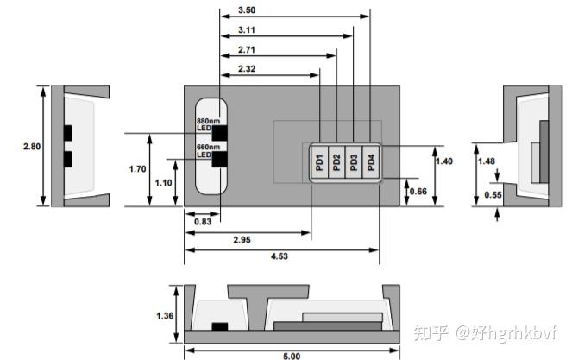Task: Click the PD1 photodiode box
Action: (319, 161)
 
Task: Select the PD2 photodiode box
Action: (336, 161)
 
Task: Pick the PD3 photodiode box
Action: (354, 161)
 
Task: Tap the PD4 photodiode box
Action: (371, 161)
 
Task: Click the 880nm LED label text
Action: (208, 125)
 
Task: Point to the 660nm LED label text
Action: (208, 152)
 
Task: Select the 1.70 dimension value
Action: (137, 169)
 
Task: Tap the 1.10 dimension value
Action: (162, 182)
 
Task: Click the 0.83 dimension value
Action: (201, 222)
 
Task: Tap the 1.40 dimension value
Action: (443, 161)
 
